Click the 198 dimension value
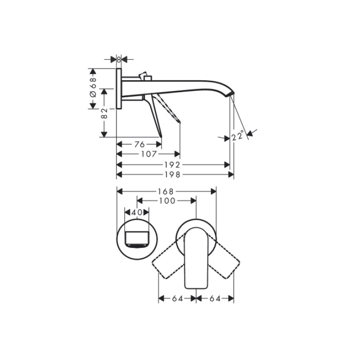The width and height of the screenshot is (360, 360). (x=172, y=175)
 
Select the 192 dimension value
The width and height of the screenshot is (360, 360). (x=172, y=165)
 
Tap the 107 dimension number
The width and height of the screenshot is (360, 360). (x=149, y=154)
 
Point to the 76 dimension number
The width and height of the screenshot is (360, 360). (x=139, y=145)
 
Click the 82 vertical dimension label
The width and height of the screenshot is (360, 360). (x=104, y=113)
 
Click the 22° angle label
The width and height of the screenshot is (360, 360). (x=237, y=135)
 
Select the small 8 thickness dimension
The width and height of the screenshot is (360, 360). (x=119, y=60)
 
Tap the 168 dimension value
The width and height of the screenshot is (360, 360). (x=165, y=191)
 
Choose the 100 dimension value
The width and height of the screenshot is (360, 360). (x=167, y=201)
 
